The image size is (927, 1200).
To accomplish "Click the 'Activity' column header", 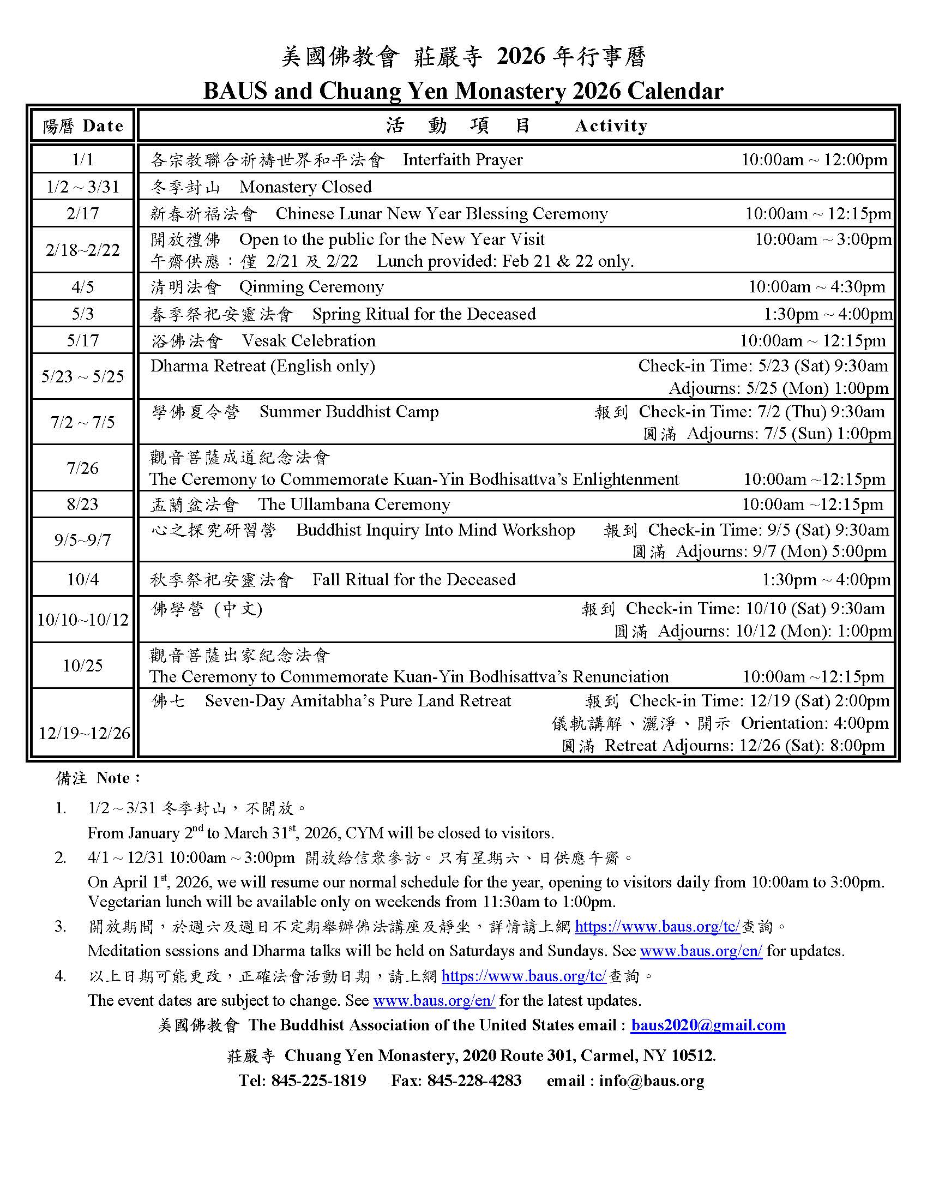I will tap(611, 126).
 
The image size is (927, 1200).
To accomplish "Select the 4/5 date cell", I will tap(83, 287).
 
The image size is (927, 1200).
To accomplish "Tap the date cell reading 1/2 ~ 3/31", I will tap(83, 187).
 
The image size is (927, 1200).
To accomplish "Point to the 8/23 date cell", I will tap(83, 504).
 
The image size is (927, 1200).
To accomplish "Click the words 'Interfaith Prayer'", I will tap(462, 160).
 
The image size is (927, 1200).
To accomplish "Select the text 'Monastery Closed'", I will tap(305, 187).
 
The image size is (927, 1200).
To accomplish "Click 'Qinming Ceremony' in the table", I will tap(311, 287).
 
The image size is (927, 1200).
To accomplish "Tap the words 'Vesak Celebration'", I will tap(309, 341).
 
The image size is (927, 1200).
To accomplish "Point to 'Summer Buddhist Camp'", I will tap(349, 411).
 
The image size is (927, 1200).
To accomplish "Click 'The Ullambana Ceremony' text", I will tap(354, 504).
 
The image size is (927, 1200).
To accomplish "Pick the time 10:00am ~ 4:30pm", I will tap(817, 287).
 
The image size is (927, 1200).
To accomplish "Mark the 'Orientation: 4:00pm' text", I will tap(815, 723).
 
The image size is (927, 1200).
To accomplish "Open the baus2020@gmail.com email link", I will tap(708, 1025).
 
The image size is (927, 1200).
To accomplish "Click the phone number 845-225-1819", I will tap(318, 1080).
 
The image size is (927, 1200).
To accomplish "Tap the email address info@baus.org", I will tap(651, 1081).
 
